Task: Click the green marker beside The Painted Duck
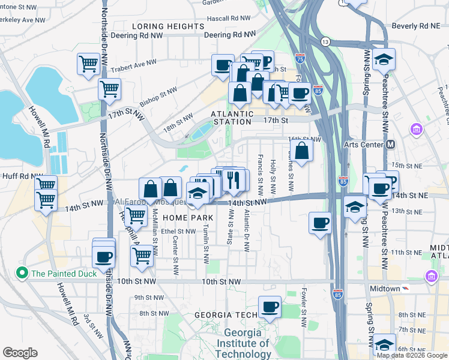[x=23, y=274]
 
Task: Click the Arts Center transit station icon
[x=390, y=144]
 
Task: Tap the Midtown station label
[x=384, y=289]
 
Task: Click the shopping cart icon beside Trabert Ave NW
[x=88, y=63]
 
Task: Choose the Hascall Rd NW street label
[x=229, y=19]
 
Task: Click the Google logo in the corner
[x=20, y=353]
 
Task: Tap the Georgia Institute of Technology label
[x=247, y=344]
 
